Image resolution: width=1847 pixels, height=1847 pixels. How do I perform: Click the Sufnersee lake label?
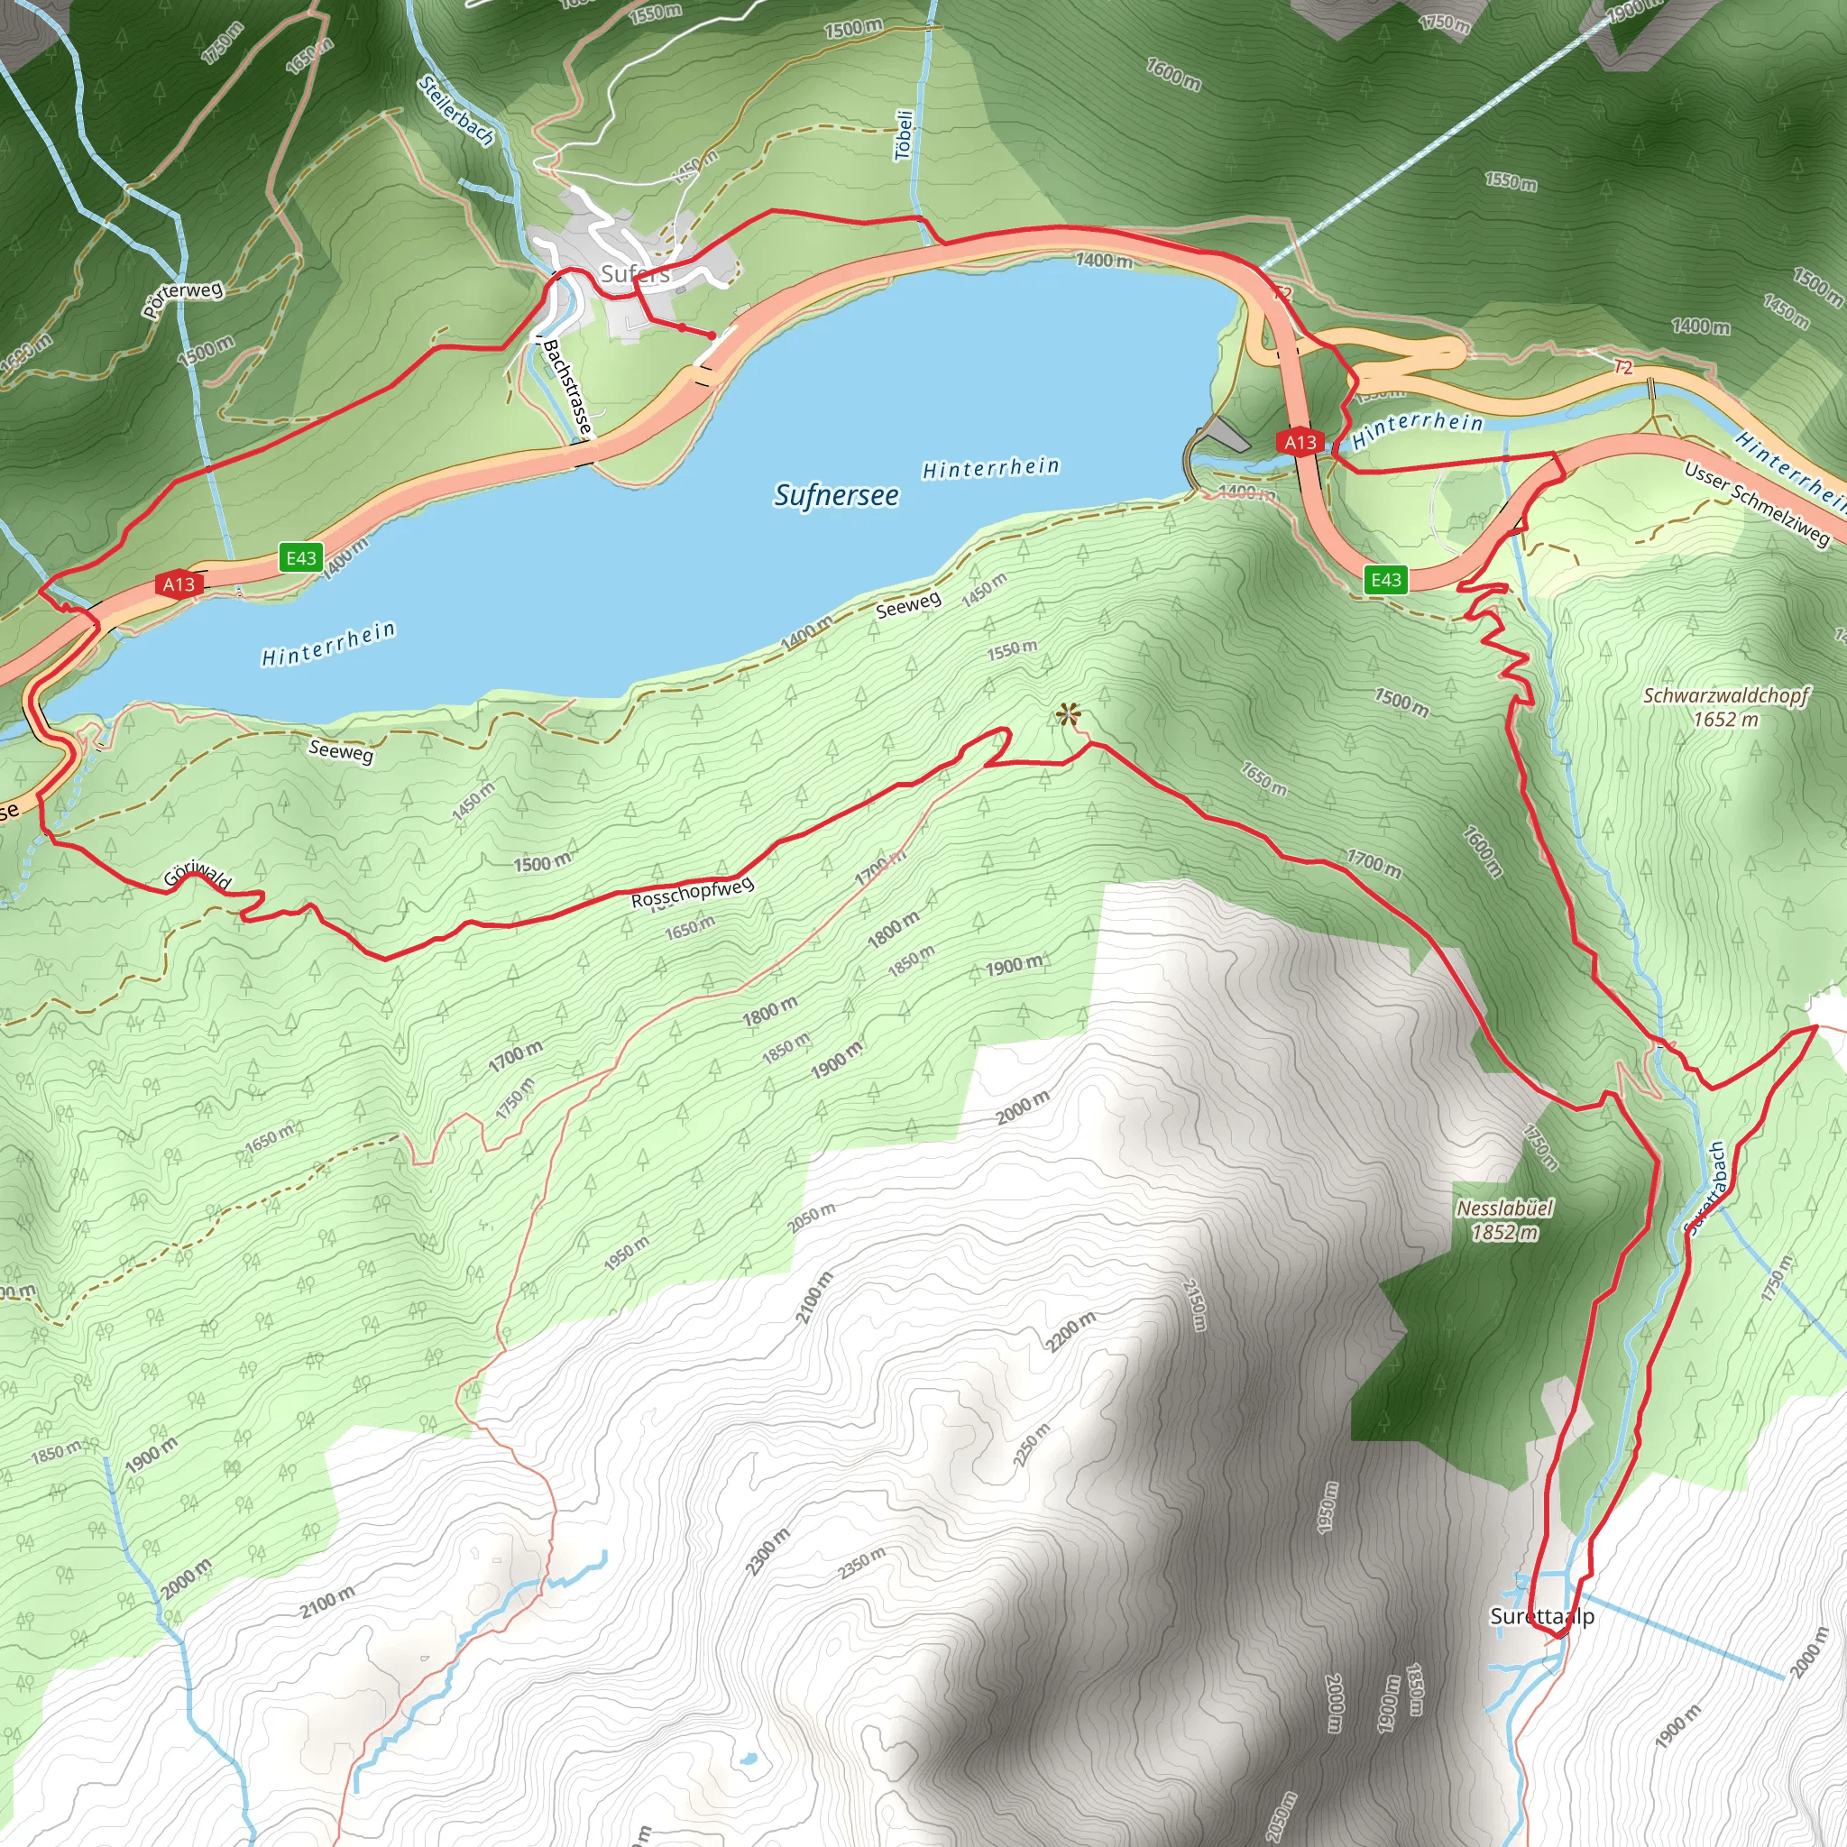tap(837, 494)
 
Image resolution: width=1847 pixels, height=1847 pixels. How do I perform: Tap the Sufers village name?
tap(635, 274)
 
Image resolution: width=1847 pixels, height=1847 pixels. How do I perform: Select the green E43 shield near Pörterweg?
tap(300, 558)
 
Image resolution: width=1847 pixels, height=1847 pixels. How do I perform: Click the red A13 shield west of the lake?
tap(179, 584)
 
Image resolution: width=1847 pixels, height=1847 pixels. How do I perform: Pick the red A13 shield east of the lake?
tap(1300, 442)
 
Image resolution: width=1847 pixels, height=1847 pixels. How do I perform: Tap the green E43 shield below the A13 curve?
tap(1386, 579)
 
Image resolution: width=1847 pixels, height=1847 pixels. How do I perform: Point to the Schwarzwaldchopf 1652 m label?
tap(1725, 706)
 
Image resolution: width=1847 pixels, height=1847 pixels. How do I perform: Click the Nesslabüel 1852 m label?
tap(1505, 1220)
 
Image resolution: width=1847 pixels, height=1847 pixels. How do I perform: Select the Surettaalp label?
tap(1542, 1617)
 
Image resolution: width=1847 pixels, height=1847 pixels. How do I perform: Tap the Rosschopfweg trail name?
tap(692, 892)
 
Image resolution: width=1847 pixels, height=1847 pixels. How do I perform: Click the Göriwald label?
tap(197, 874)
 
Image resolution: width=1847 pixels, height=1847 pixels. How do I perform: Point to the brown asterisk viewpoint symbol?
tap(1068, 714)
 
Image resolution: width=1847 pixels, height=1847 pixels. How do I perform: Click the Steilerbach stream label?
tap(456, 112)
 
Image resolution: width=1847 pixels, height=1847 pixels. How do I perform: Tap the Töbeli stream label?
tap(905, 134)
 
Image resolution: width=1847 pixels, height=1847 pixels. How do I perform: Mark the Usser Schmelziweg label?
tap(1757, 503)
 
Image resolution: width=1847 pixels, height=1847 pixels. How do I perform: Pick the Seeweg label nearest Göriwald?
tap(340, 750)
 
